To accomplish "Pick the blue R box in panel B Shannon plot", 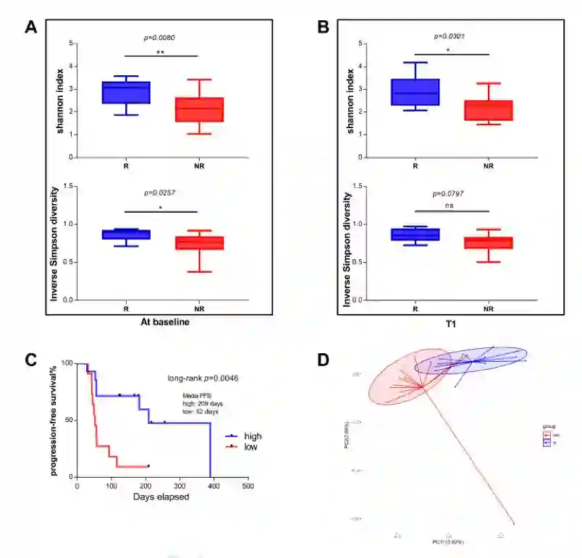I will pos(416,92).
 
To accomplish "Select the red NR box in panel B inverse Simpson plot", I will pos(489,242).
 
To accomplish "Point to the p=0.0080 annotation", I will pos(161,36).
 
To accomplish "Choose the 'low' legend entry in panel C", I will pos(250,448).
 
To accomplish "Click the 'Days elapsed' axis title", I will pos(161,497).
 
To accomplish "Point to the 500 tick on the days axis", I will pos(248,486).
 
